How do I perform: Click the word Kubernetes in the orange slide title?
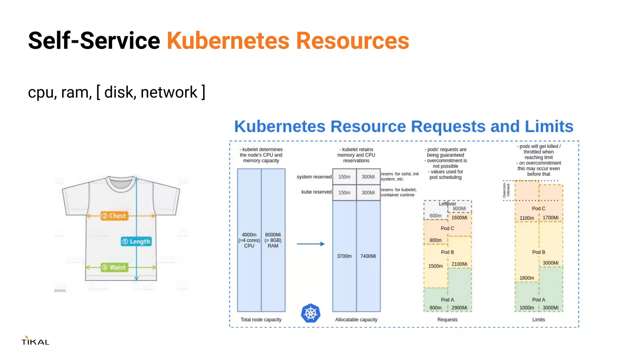pyautogui.click(x=228, y=41)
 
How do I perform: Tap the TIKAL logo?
pyautogui.click(x=35, y=341)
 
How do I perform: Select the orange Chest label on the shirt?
pyautogui.click(x=114, y=216)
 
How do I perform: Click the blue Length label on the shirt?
pyautogui.click(x=137, y=241)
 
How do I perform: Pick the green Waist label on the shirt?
pyautogui.click(x=114, y=267)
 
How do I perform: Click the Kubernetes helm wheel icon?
pyautogui.click(x=310, y=313)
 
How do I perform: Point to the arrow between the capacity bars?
pyautogui.click(x=310, y=244)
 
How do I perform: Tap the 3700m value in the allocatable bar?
pyautogui.click(x=344, y=256)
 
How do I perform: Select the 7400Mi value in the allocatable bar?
pyautogui.click(x=368, y=256)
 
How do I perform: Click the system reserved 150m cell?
pyautogui.click(x=344, y=177)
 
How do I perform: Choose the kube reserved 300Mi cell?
pyautogui.click(x=368, y=192)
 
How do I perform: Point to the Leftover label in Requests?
pyautogui.click(x=447, y=204)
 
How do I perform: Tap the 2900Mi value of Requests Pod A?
pyautogui.click(x=459, y=307)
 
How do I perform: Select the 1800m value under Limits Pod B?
pyautogui.click(x=527, y=278)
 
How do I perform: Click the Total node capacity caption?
pyautogui.click(x=261, y=319)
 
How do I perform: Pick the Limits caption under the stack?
pyautogui.click(x=538, y=319)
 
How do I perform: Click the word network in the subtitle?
pyautogui.click(x=169, y=92)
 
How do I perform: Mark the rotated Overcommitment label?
pyautogui.click(x=506, y=190)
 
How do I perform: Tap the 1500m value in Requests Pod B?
pyautogui.click(x=435, y=266)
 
